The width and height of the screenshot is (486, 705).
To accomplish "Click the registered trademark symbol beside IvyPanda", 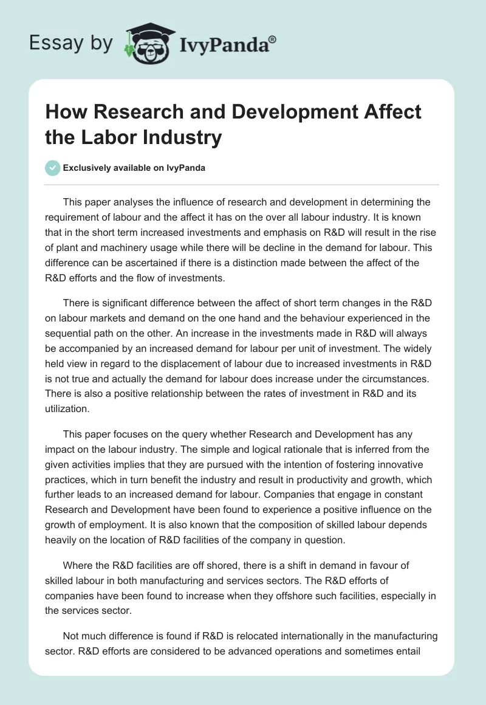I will [x=273, y=39].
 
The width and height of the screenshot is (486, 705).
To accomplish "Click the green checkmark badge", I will [x=53, y=168].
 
